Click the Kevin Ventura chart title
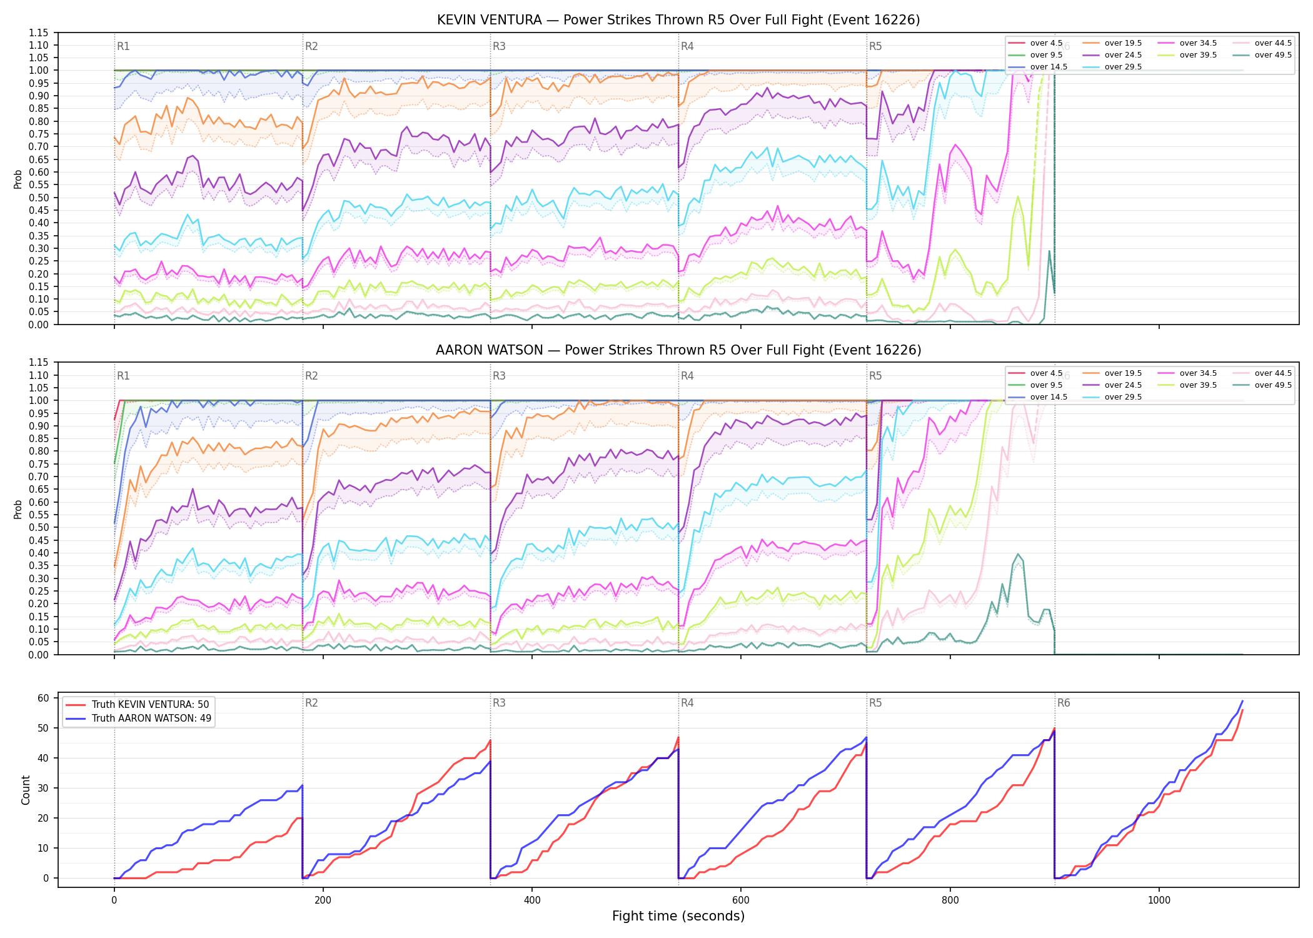coord(678,20)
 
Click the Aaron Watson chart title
coord(678,350)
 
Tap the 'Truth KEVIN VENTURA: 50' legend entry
coord(138,704)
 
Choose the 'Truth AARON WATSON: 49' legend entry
coord(138,718)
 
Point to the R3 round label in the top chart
coord(499,46)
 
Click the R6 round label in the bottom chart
coord(1064,703)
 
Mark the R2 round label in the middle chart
coord(311,376)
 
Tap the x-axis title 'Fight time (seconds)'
coord(678,916)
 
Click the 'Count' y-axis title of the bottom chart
coord(26,790)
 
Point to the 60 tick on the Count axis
coord(44,698)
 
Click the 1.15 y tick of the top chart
coord(39,33)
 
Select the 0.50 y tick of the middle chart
coord(39,527)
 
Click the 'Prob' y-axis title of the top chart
coord(18,179)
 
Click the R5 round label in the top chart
coord(875,46)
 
